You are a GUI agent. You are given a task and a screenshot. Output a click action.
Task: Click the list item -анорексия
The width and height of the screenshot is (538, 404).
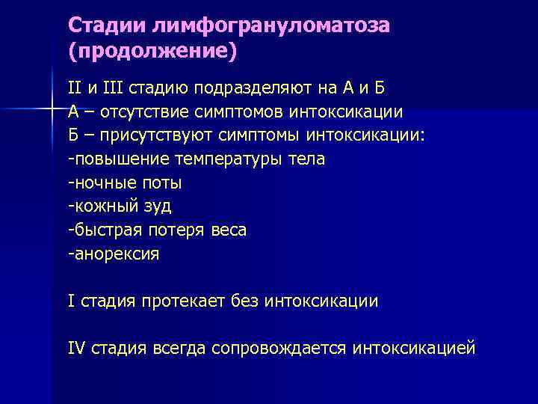click(x=114, y=254)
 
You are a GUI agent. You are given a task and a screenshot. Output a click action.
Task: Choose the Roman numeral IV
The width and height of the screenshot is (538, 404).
click(x=77, y=349)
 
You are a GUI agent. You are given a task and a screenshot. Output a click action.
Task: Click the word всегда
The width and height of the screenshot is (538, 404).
click(x=179, y=349)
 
